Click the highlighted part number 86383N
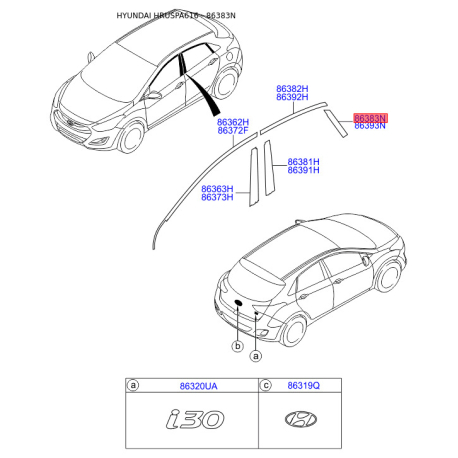[369, 118]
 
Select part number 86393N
[369, 127]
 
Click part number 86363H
[217, 188]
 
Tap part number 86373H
[217, 197]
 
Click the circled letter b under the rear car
[237, 346]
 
